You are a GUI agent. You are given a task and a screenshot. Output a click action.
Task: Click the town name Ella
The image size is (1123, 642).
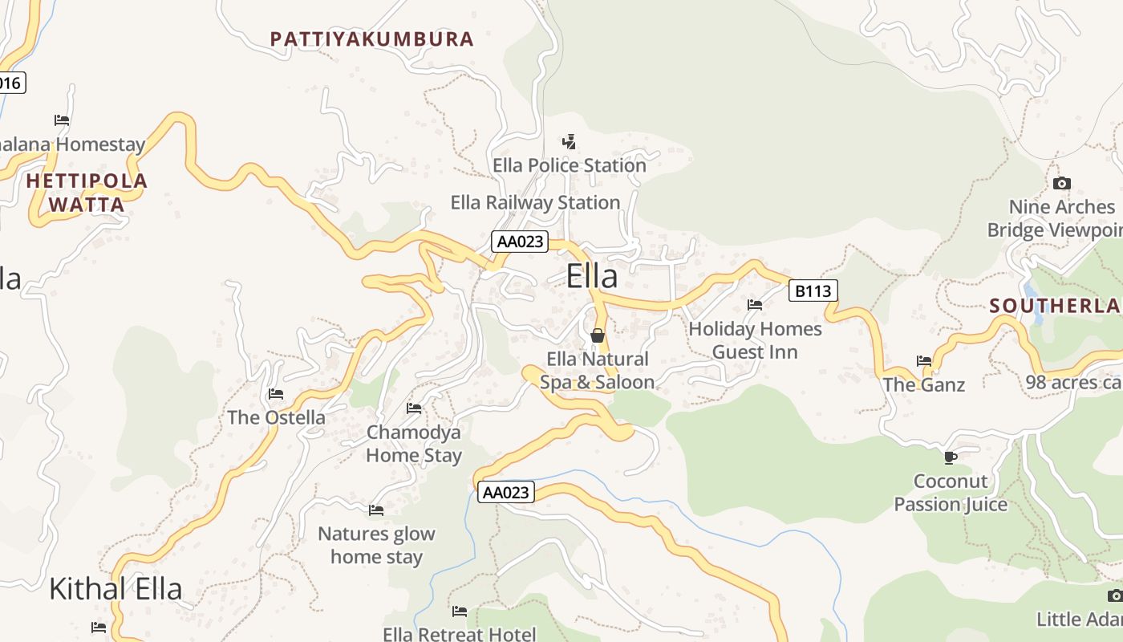[592, 276]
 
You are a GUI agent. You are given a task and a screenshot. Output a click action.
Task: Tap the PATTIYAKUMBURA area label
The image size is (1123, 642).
[371, 39]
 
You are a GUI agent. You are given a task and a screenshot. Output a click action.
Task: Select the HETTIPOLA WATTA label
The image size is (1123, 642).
[87, 193]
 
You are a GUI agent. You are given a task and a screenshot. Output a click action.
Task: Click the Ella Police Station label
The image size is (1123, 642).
[569, 165]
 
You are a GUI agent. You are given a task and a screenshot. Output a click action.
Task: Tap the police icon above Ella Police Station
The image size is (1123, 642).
[569, 143]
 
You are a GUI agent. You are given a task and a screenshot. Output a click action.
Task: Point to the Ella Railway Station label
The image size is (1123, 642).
[535, 202]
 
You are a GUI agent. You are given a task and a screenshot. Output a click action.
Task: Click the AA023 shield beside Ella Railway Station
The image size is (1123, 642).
[520, 242]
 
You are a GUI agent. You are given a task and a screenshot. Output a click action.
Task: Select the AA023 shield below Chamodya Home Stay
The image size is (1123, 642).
[505, 492]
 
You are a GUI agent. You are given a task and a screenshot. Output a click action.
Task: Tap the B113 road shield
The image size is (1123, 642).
[813, 291]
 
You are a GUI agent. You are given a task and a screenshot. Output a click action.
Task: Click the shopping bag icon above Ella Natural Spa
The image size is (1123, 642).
[598, 335]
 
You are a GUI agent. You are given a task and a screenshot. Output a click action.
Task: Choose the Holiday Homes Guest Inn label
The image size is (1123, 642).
[755, 340]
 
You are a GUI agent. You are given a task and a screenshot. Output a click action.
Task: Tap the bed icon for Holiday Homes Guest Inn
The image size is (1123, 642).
[755, 305]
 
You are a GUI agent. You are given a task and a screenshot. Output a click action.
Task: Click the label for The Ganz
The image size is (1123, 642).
[924, 385]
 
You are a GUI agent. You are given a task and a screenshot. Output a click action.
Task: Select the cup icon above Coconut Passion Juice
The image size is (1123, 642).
[951, 457]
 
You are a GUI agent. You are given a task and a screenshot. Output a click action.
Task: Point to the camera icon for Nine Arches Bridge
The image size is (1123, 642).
[1062, 183]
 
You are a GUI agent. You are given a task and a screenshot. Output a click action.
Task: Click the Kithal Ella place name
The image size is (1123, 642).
[116, 589]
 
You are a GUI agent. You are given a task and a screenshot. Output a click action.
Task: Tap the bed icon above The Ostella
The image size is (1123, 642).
[276, 394]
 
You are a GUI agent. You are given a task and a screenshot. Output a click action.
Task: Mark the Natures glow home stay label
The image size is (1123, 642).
[376, 545]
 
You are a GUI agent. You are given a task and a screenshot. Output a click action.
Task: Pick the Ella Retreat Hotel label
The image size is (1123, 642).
[459, 635]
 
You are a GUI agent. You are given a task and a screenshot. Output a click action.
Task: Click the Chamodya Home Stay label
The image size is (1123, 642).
[414, 444]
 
